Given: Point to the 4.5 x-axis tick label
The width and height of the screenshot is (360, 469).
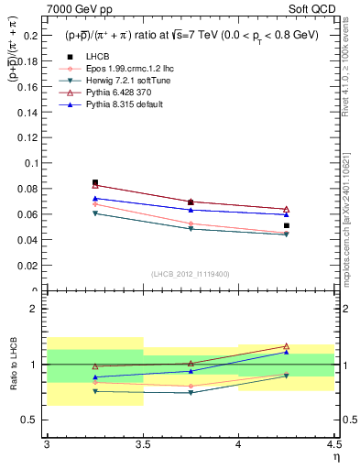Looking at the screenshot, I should click(x=333, y=445).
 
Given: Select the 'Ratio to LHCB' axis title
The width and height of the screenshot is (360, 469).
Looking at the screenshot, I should click(x=14, y=364).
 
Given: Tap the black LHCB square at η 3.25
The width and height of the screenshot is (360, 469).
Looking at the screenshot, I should click(x=95, y=182).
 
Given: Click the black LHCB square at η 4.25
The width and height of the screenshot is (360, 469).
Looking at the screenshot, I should click(x=287, y=225).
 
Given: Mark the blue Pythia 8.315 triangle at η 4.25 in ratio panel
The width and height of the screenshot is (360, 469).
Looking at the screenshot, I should click(x=287, y=352).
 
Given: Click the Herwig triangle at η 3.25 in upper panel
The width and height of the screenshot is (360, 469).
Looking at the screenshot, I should click(x=95, y=213).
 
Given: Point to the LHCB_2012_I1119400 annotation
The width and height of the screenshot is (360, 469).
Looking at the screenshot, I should click(x=191, y=274).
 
